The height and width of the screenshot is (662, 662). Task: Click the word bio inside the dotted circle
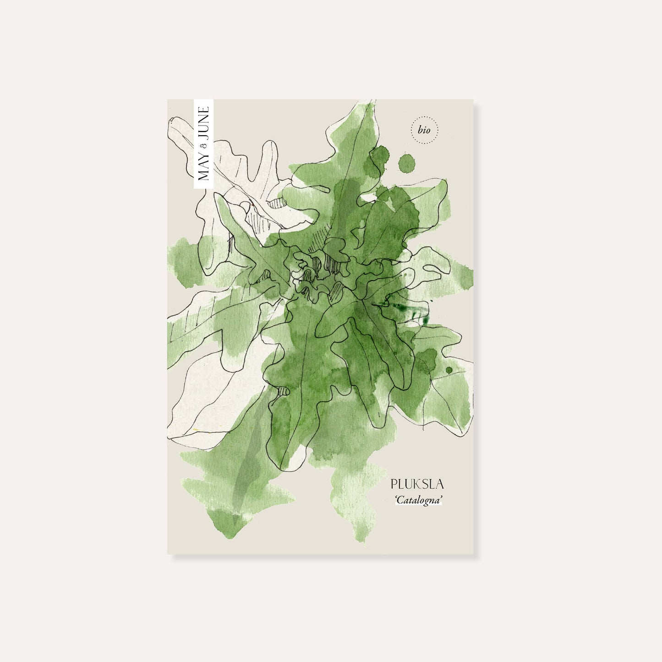tap(424, 130)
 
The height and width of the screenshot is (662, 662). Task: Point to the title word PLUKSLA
tap(417, 484)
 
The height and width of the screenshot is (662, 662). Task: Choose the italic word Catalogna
tap(419, 500)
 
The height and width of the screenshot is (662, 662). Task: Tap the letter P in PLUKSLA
tap(394, 484)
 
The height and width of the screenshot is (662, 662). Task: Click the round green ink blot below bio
tap(406, 163)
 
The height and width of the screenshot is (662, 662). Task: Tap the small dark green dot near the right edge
tap(449, 370)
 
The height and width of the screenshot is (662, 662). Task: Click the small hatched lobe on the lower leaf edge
tap(283, 391)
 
